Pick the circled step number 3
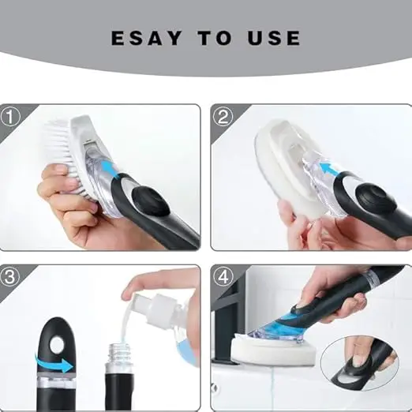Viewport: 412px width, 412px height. (x=10, y=277)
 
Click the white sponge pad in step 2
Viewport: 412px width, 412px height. (x=284, y=174)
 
